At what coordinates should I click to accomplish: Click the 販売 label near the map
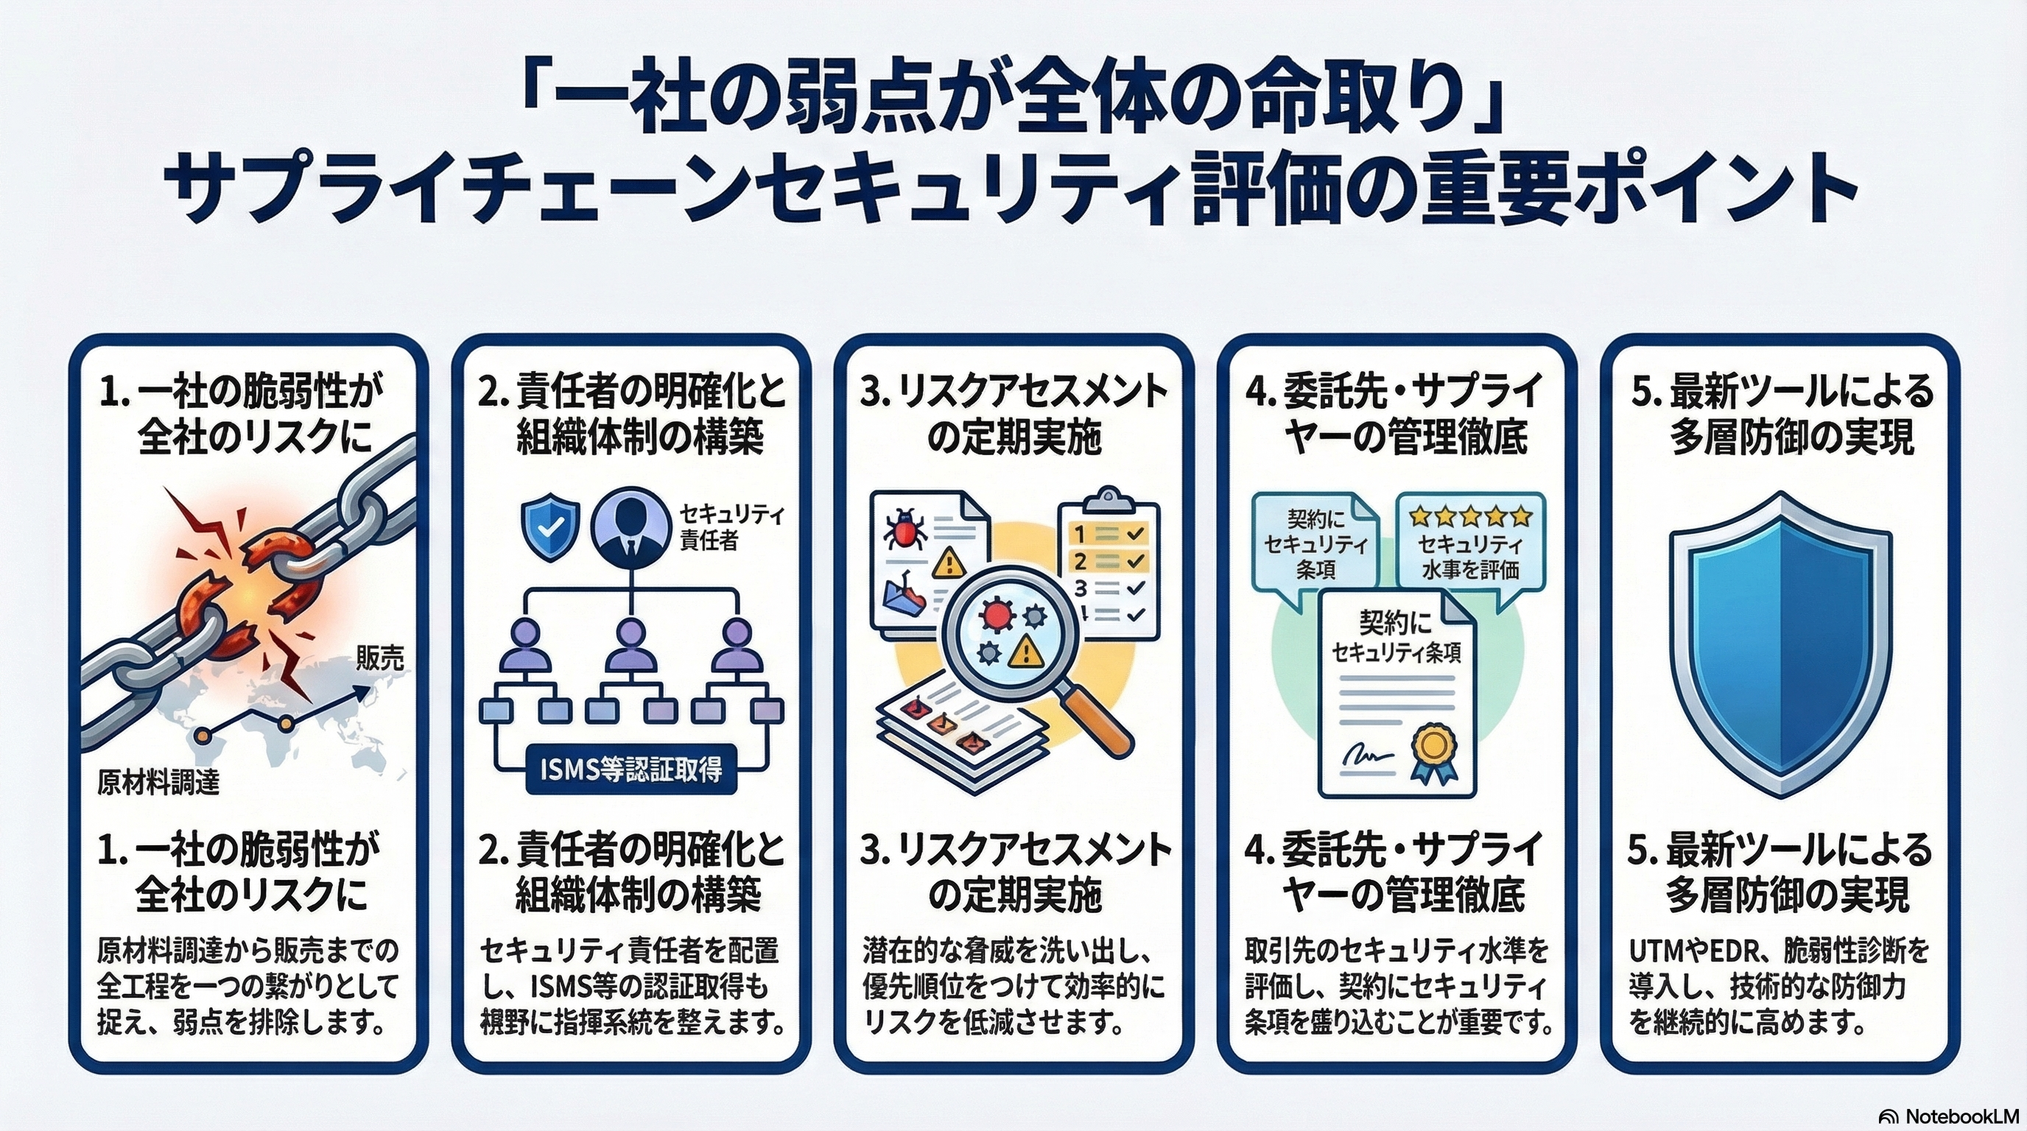click(x=379, y=658)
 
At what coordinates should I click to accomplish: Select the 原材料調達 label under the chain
click(x=158, y=783)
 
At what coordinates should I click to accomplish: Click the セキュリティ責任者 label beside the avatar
click(x=731, y=528)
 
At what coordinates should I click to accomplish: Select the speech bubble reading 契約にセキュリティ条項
click(x=1315, y=543)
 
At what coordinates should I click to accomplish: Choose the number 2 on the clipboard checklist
click(x=1081, y=562)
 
